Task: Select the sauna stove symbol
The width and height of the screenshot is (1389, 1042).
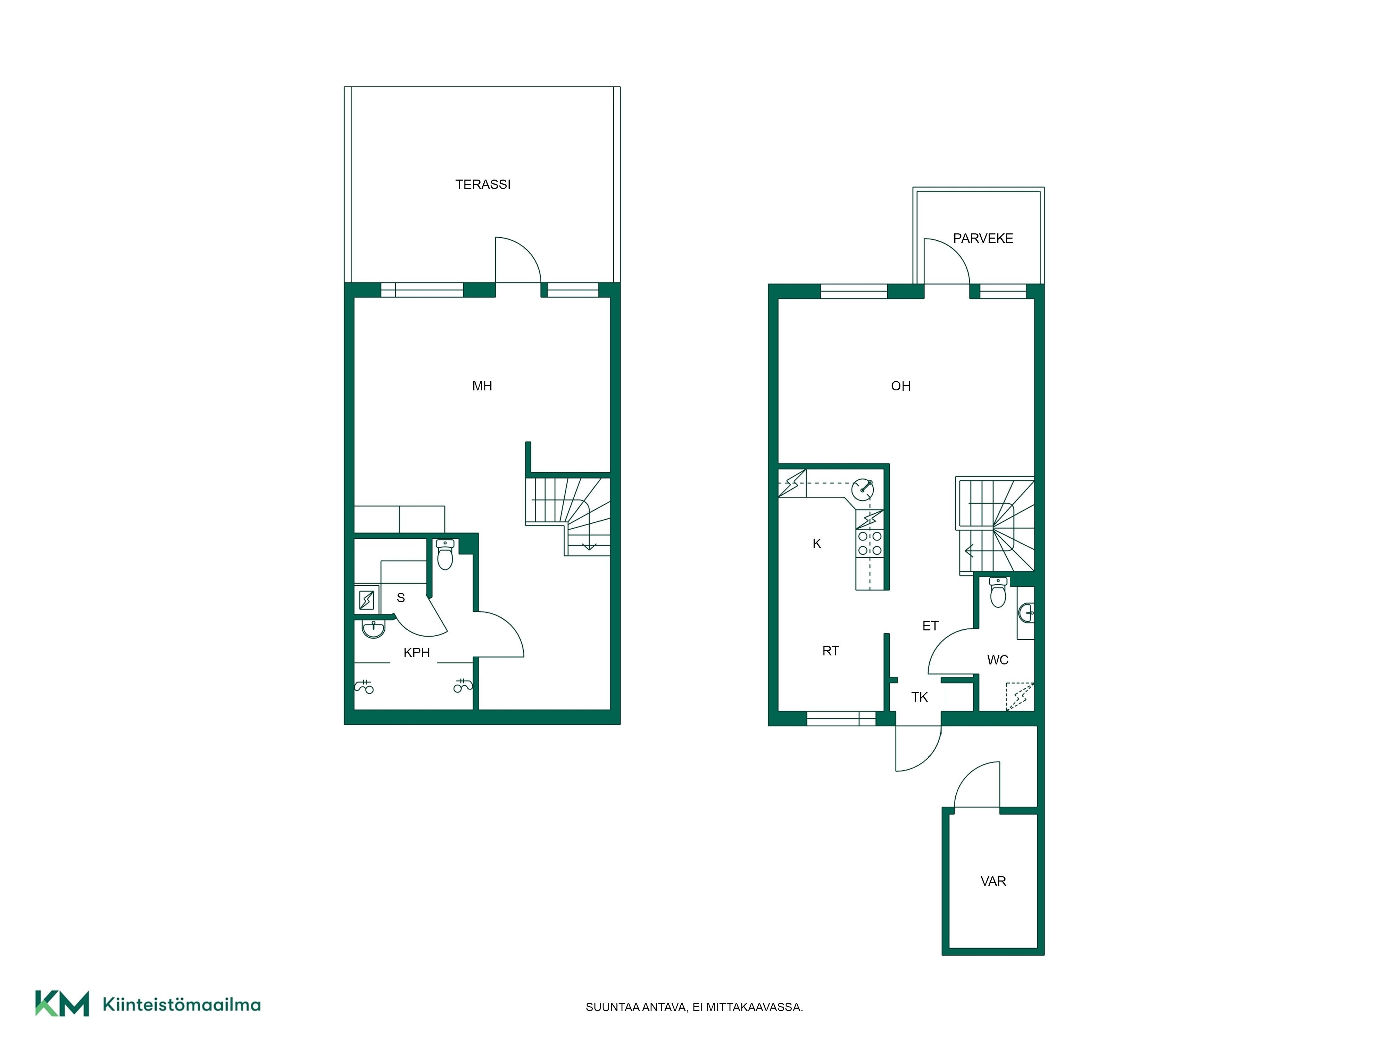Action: [x=367, y=601]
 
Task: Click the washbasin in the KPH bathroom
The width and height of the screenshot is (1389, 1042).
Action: [x=374, y=629]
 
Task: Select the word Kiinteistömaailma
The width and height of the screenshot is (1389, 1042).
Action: [x=182, y=1004]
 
